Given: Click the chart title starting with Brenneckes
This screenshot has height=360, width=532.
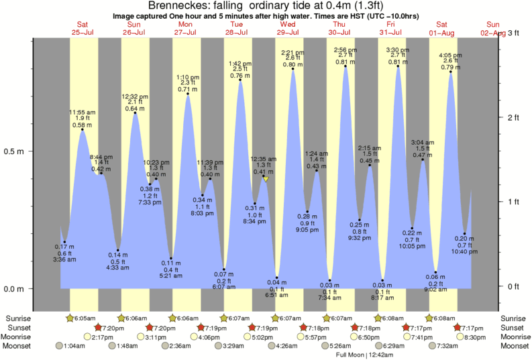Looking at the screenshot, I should point(266,6).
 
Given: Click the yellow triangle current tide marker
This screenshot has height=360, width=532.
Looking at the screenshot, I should point(266,179).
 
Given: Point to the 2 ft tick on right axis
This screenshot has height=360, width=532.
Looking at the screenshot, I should point(515,117).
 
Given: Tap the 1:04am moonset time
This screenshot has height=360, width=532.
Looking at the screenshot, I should point(74,346).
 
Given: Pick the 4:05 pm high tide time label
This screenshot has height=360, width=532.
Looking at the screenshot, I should point(451,55).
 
